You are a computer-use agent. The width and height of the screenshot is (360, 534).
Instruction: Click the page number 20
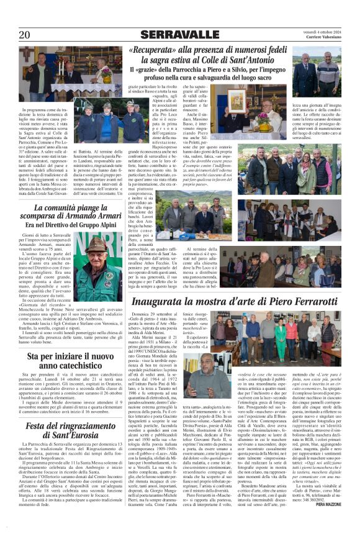pyautogui.click(x=25, y=35)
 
